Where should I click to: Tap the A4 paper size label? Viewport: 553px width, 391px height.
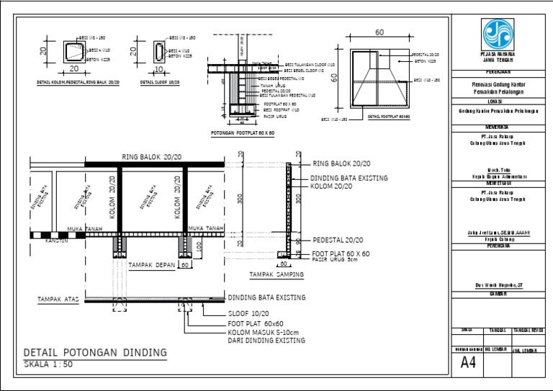pos(469,362)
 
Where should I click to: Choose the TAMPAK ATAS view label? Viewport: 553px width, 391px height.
pos(58,298)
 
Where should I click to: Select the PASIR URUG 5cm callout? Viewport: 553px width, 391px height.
pos(336,260)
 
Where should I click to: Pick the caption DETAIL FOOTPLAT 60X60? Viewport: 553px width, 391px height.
pos(388,117)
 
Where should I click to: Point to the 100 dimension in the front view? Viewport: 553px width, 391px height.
pos(199,246)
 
